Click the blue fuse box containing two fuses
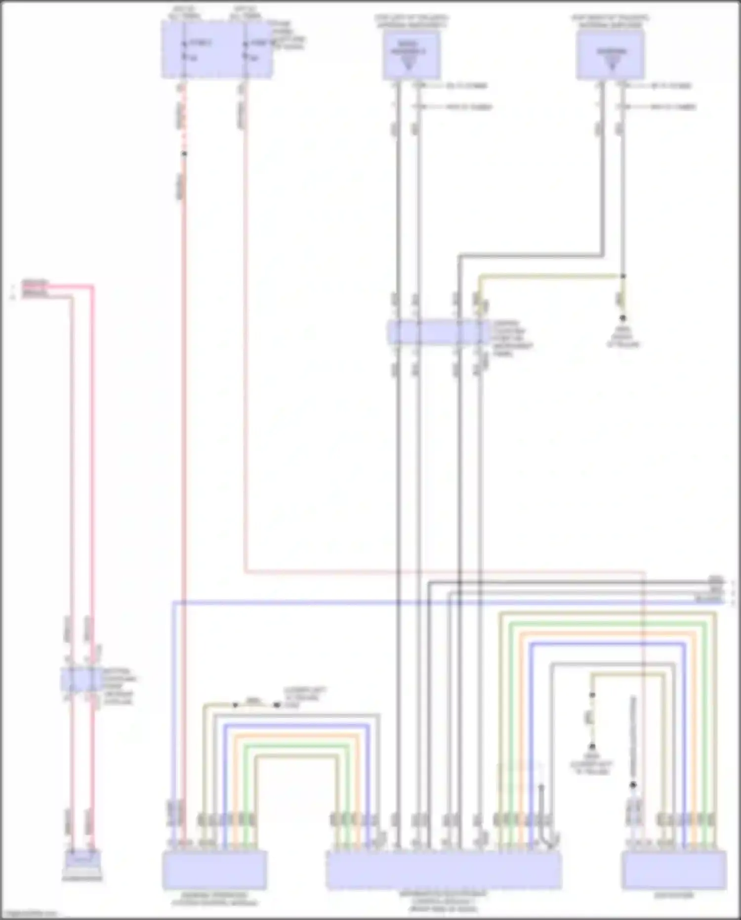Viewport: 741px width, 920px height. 216,50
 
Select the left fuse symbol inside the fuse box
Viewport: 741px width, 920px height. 184,50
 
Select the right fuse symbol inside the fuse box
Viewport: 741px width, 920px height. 246,50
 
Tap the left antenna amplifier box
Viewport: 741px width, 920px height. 411,54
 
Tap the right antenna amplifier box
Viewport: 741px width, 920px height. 611,54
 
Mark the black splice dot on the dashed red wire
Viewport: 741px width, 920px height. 184,154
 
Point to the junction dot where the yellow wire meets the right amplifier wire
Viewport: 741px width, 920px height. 623,276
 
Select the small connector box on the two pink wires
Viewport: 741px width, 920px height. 82,679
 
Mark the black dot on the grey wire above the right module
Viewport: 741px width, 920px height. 633,785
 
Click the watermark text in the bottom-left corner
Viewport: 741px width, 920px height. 28,914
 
